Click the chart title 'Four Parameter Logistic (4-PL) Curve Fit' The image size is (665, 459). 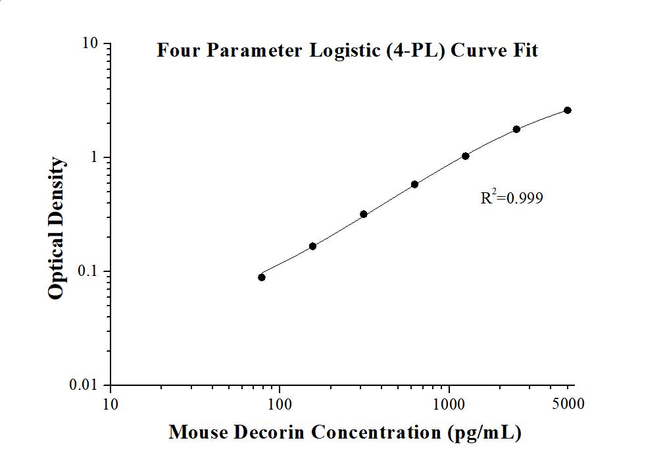(x=347, y=51)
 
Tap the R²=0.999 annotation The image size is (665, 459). (x=512, y=198)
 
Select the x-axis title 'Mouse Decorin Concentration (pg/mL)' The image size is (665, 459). (x=345, y=433)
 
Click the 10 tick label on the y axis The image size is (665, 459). (x=90, y=43)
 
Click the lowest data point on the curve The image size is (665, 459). (x=262, y=277)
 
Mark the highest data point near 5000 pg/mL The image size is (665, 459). (x=568, y=110)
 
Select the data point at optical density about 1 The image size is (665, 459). (x=466, y=156)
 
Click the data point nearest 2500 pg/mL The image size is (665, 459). (x=517, y=129)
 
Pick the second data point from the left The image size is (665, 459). (x=312, y=246)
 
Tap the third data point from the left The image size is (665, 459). (x=364, y=214)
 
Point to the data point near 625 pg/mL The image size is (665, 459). (x=414, y=184)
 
